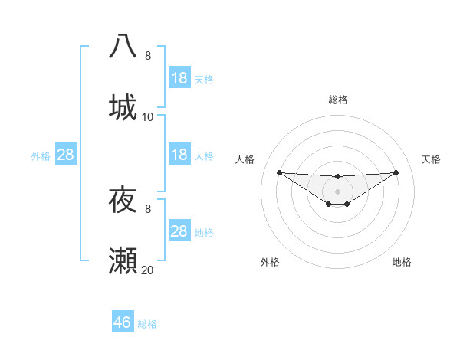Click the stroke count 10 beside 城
(x=148, y=117)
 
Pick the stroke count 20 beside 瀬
(x=148, y=270)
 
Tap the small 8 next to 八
(x=148, y=56)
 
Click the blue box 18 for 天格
(x=179, y=78)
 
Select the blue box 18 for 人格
(x=179, y=155)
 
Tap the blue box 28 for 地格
(x=179, y=231)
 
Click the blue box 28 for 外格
(x=66, y=155)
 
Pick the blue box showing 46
(x=123, y=322)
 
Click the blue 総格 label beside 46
(x=147, y=324)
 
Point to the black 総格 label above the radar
(x=337, y=100)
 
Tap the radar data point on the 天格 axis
(x=396, y=172)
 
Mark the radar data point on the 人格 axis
(x=279, y=172)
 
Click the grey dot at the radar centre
(x=337, y=190)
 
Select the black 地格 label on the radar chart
(x=402, y=263)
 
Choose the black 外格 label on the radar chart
(x=270, y=263)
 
